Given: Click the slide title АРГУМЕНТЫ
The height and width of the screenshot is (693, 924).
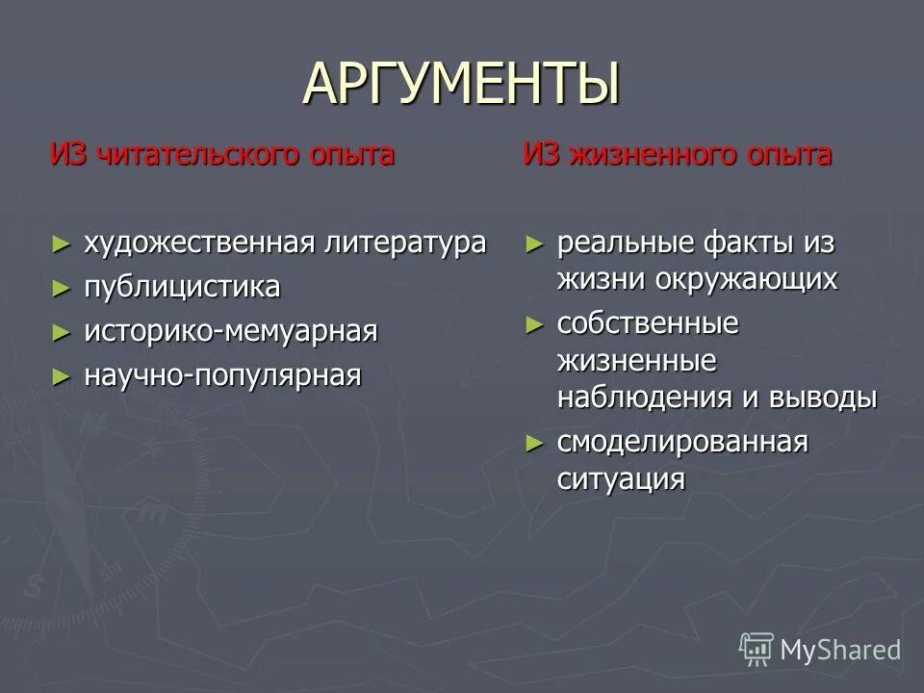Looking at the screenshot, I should (461, 84).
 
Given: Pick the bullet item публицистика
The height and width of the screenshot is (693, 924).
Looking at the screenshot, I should (182, 287).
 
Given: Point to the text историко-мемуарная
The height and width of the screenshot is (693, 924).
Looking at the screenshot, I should (230, 331).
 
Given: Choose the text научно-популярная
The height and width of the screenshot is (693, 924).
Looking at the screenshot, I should (222, 375).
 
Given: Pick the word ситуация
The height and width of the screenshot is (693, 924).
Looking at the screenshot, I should (621, 479).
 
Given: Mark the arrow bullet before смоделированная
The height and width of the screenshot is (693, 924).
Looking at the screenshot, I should (535, 443).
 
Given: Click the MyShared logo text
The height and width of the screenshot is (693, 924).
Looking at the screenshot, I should (839, 651).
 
